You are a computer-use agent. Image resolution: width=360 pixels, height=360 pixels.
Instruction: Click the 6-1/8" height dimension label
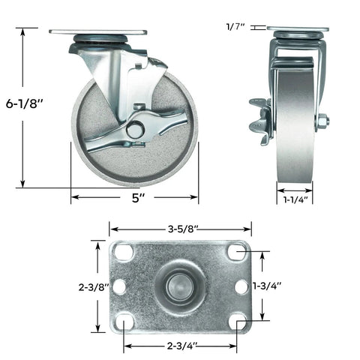coord(23,108)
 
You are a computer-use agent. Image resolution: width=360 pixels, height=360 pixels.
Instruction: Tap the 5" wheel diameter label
coord(136,199)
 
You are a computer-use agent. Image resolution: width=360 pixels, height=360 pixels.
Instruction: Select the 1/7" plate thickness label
coord(234,27)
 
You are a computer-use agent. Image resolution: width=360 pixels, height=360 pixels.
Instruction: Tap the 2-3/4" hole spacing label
coord(180,345)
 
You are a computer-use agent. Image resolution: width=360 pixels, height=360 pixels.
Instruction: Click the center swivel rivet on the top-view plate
coord(178,286)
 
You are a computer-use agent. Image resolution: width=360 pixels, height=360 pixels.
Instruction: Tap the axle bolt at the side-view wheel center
coord(135,130)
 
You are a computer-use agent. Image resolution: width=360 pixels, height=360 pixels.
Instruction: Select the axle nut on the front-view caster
coord(322,120)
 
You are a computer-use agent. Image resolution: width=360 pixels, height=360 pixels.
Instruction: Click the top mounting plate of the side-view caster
coord(97,32)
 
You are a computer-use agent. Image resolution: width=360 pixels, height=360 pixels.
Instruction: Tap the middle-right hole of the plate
coord(241,286)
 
